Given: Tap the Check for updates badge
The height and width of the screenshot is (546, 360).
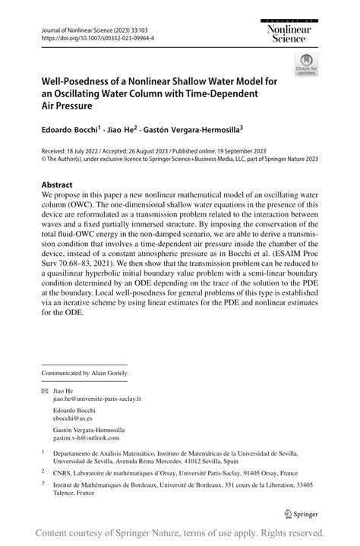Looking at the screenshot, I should [x=307, y=64].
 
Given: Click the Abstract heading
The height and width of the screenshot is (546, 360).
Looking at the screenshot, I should [x=57, y=185].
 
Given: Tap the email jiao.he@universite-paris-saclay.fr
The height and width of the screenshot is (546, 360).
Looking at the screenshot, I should [x=96, y=398].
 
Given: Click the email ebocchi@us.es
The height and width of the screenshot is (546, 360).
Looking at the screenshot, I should [x=72, y=418].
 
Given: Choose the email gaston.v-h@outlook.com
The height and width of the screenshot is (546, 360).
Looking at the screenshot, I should [x=85, y=438].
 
